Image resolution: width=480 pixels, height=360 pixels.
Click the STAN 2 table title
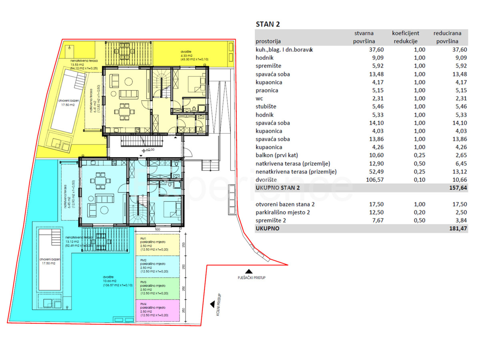[x=268, y=24]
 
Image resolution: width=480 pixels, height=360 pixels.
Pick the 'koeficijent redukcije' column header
[x=405, y=37]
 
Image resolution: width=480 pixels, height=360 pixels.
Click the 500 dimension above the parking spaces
[x=158, y=230]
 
